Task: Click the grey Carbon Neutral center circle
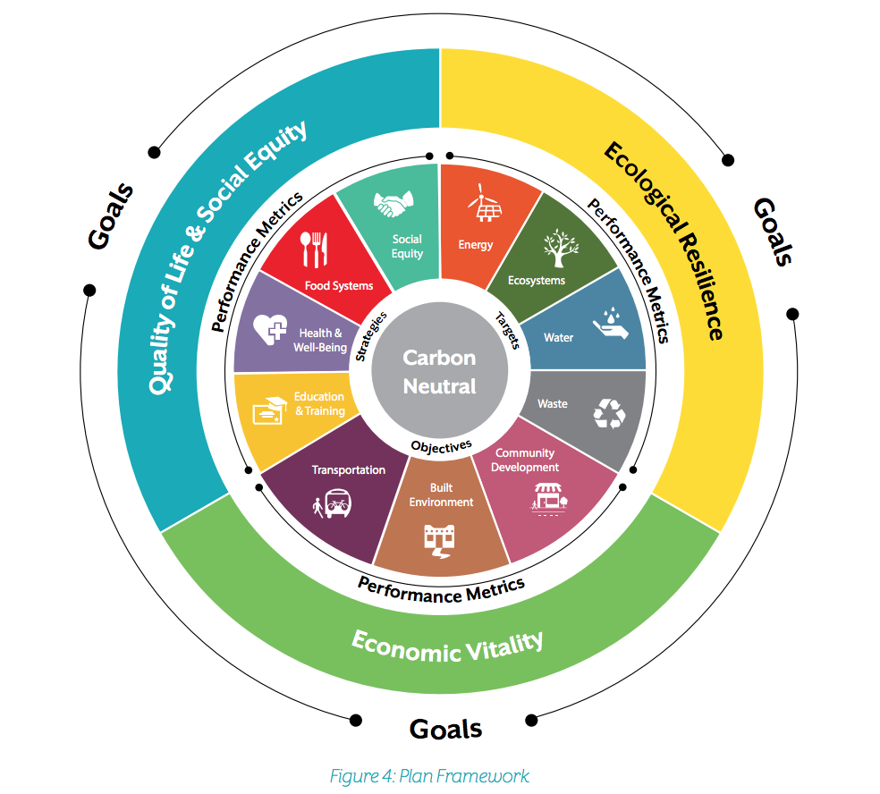[x=439, y=370]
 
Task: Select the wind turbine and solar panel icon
[x=485, y=203]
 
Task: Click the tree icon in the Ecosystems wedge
[x=560, y=248]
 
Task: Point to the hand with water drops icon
[x=611, y=323]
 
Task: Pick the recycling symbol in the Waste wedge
[x=610, y=414]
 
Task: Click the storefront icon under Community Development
[x=549, y=498]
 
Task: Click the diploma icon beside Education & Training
[x=270, y=410]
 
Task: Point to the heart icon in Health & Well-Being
[x=270, y=329]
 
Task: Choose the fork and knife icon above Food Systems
[x=314, y=249]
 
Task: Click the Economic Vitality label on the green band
[x=447, y=646]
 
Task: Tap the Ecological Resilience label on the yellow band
[x=664, y=241]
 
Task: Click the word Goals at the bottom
[x=445, y=729]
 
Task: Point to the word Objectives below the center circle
[x=441, y=447]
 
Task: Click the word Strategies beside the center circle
[x=371, y=337]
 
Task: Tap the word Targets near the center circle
[x=508, y=331]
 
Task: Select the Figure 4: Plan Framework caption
[x=429, y=776]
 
